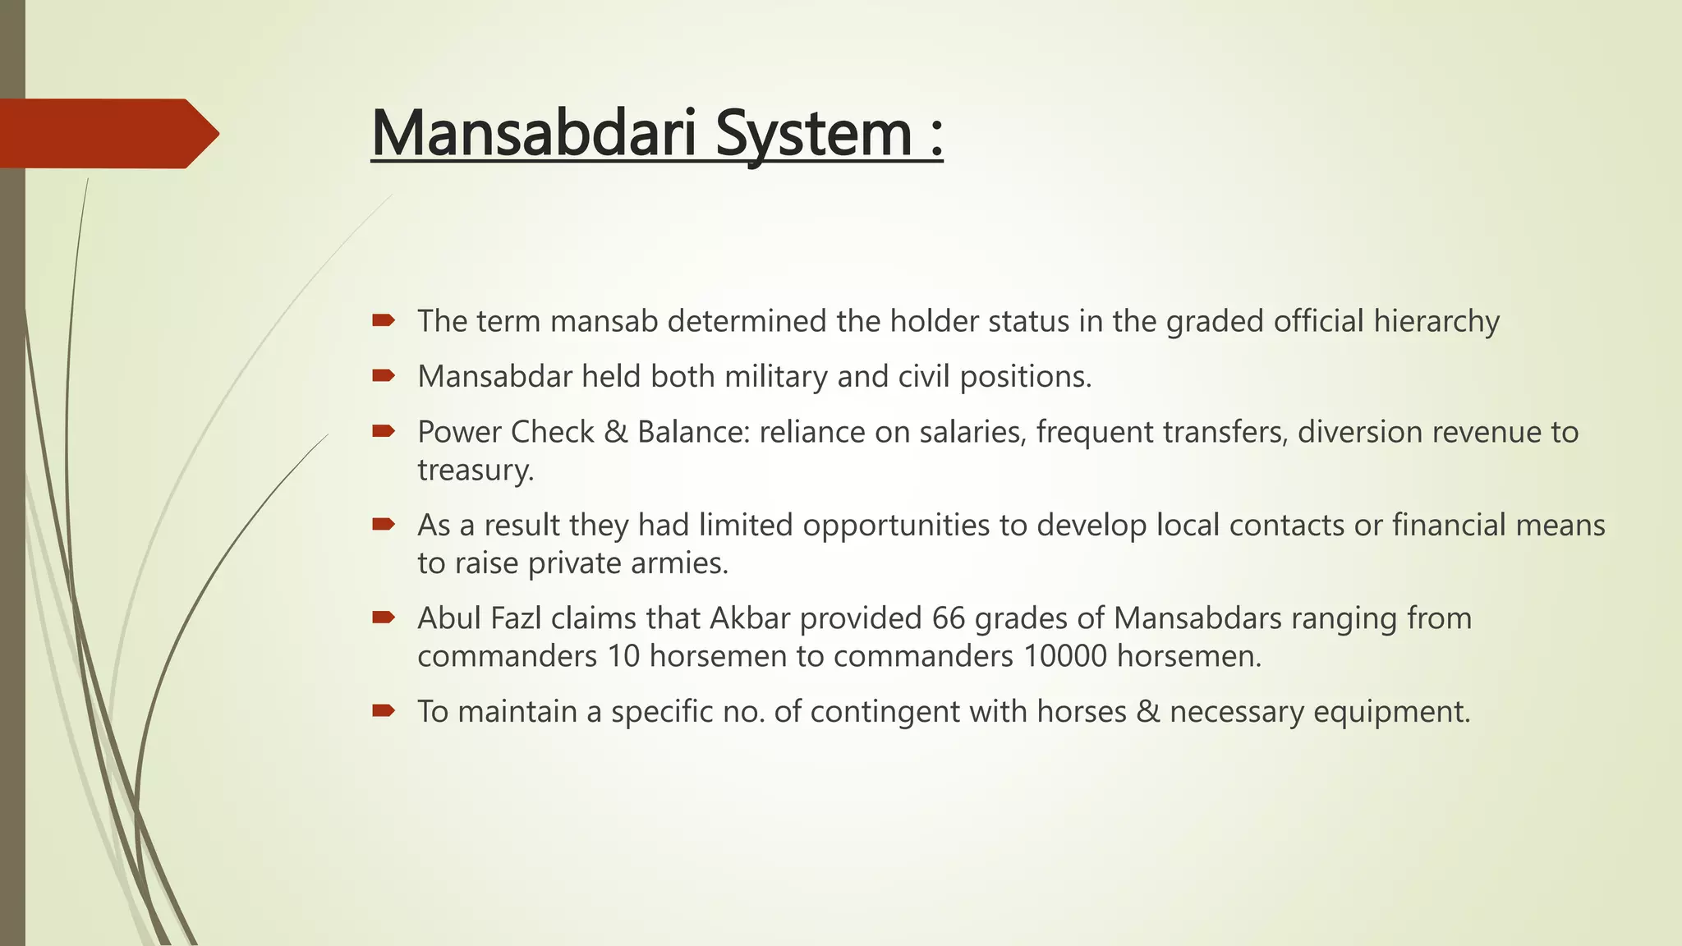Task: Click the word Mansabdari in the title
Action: (537, 133)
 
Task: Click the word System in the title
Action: (813, 133)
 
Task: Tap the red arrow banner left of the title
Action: (107, 133)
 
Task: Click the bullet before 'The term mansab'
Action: (383, 320)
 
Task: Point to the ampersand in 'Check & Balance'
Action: (615, 432)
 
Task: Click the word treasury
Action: (475, 471)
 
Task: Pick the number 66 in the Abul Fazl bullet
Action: (949, 618)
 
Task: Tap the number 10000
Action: (1065, 656)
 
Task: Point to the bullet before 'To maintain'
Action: (383, 710)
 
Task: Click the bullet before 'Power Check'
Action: (383, 431)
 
